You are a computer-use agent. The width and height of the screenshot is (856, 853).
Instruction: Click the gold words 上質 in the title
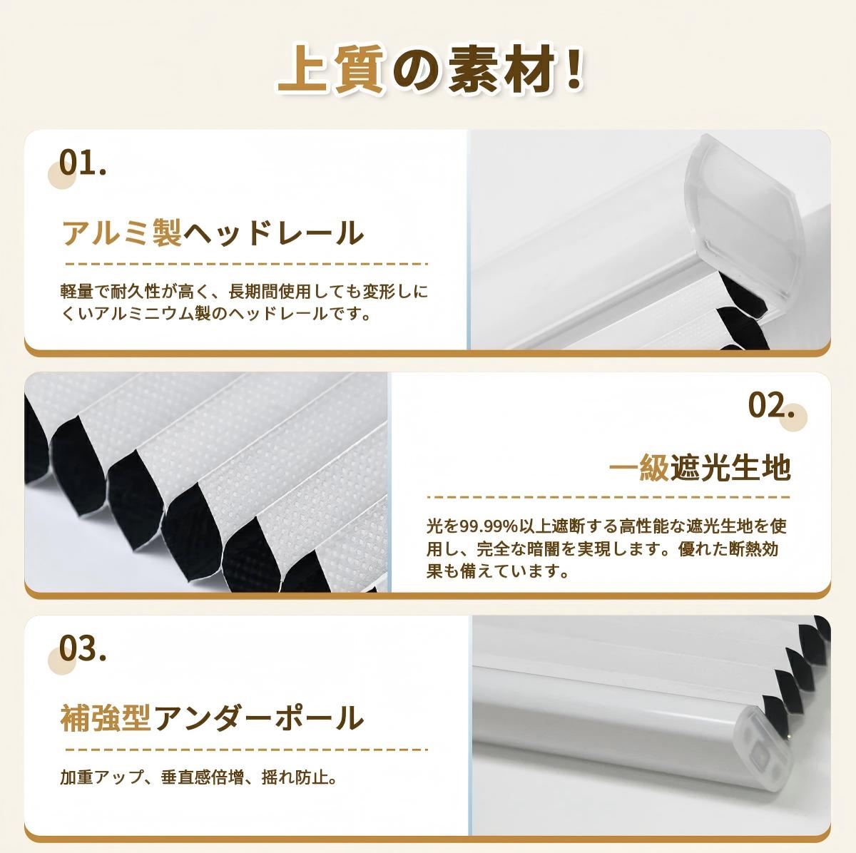(x=331, y=70)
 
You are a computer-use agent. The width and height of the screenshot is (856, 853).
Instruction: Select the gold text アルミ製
(x=122, y=233)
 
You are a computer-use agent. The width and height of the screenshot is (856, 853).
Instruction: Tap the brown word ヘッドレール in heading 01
(x=274, y=233)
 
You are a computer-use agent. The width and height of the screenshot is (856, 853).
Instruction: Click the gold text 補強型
(x=106, y=718)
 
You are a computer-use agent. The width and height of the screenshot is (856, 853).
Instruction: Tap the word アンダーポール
(x=258, y=718)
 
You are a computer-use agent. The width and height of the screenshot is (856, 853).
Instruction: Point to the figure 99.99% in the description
(x=488, y=527)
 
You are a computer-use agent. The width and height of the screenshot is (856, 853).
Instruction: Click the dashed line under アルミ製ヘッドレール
(x=246, y=264)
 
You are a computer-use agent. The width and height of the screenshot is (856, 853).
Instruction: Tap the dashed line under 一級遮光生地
(x=609, y=496)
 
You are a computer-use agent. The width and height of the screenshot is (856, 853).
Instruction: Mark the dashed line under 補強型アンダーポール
(x=246, y=750)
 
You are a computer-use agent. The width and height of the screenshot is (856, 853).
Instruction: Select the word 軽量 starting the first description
(x=77, y=292)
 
